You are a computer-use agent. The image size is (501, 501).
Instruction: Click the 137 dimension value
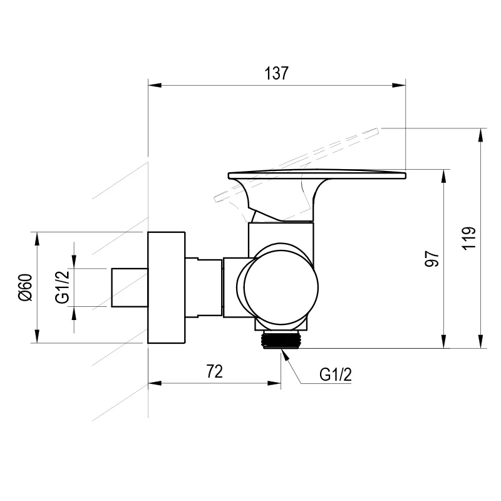point(276,73)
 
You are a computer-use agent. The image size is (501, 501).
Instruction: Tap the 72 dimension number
point(214,371)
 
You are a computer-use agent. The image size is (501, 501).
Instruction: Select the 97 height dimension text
point(431,259)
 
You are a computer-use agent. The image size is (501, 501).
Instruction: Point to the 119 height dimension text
point(468,239)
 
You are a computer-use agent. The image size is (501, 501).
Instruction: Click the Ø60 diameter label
point(26,287)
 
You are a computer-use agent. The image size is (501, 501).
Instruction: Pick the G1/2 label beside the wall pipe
point(62,287)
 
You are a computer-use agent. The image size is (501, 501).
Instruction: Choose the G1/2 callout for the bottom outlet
point(336,374)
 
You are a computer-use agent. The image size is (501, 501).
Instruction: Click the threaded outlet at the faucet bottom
point(281,340)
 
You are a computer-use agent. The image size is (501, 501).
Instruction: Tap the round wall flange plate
point(167,287)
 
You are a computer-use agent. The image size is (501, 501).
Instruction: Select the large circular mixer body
point(281,287)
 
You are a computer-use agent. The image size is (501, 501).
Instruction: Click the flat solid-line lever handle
point(317,175)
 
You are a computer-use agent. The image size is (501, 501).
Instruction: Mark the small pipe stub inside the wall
point(130,287)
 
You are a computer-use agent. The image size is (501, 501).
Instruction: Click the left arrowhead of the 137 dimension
point(155,85)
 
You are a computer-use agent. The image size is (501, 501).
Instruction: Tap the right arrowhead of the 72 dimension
point(274,383)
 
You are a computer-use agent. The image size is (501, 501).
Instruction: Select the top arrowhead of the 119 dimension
point(480,135)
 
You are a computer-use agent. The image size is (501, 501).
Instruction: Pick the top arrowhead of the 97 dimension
point(443,176)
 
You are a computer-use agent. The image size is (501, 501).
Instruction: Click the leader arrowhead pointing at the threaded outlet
point(285,354)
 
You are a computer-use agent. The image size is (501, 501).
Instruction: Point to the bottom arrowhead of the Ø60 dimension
point(37,336)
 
